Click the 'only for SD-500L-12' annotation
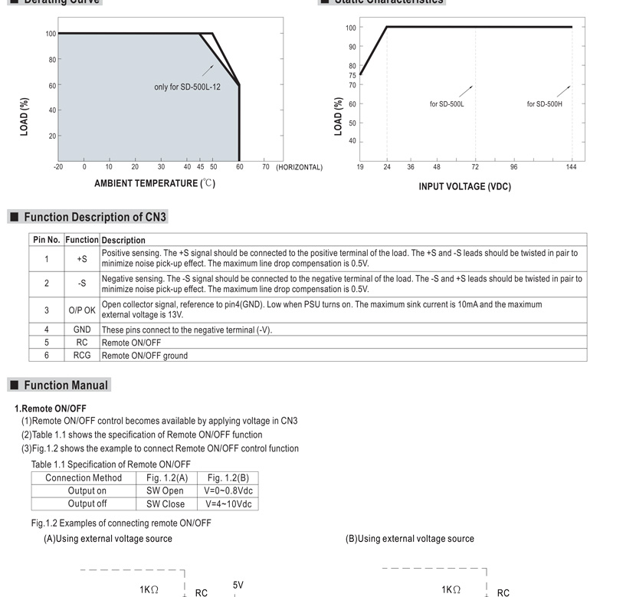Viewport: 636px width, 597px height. [187, 87]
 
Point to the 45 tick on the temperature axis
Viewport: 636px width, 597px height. [200, 167]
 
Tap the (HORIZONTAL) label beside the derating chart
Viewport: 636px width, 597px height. [299, 167]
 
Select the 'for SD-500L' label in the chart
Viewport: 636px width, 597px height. [446, 104]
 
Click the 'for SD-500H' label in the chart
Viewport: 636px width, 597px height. [544, 104]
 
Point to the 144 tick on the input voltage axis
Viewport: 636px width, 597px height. [571, 167]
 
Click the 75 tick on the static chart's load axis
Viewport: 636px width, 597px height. [352, 75]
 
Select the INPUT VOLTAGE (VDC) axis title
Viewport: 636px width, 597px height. [464, 187]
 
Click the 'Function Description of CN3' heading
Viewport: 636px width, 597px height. [94, 218]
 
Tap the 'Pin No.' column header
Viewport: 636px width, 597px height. [46, 240]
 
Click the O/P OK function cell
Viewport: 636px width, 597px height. [82, 310]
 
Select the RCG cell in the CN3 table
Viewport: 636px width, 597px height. [82, 356]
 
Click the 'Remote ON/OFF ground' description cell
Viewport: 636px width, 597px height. [144, 356]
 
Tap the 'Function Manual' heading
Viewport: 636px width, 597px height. [66, 385]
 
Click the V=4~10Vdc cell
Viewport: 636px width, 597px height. [229, 504]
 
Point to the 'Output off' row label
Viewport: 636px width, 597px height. [87, 504]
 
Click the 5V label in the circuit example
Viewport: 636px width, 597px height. [238, 586]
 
